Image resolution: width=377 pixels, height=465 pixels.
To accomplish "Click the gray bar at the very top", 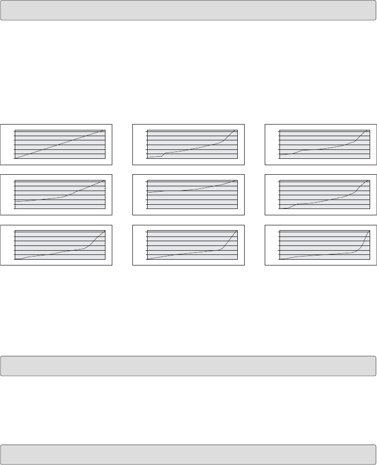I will (188, 10).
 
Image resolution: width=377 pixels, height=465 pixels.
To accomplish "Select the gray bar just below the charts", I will (188, 366).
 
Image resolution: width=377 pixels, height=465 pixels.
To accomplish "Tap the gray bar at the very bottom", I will (188, 454).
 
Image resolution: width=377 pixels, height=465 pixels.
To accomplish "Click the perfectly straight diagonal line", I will (60, 144).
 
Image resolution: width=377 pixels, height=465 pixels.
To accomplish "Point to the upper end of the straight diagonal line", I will (104, 130).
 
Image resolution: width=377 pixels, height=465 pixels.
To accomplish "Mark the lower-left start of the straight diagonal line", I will (16, 158).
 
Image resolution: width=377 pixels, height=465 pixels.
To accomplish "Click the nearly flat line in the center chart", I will (192, 189).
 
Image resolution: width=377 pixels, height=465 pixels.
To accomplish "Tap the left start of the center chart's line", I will (148, 192).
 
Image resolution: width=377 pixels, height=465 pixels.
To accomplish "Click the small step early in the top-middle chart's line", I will (163, 154).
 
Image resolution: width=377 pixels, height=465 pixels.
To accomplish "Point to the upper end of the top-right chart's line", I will (367, 130).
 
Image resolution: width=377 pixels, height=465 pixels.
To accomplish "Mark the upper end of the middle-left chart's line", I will (104, 181).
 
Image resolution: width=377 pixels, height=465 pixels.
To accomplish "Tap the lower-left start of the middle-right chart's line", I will (280, 208).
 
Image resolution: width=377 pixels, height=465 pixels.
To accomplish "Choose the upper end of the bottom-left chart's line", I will (104, 231).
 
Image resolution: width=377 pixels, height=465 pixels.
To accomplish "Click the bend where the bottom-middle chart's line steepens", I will (223, 248).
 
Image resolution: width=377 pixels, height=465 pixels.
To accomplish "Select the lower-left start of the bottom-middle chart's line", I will (148, 259).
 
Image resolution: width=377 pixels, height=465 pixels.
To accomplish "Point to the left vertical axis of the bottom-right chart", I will (279, 245).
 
